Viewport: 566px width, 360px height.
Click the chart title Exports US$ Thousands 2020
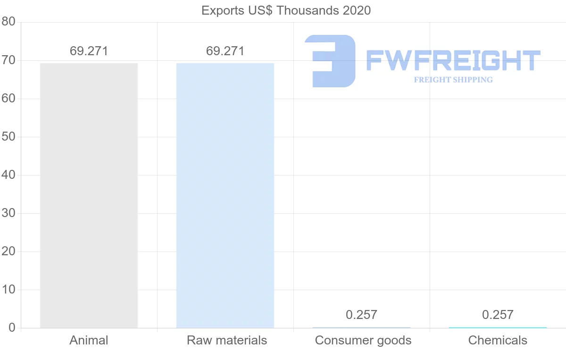pyautogui.click(x=286, y=10)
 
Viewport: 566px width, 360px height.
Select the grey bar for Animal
pyautogui.click(x=89, y=195)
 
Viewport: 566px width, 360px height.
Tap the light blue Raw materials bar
pyautogui.click(x=225, y=195)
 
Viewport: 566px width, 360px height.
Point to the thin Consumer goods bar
pyautogui.click(x=361, y=327)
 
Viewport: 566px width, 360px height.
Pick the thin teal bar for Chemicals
pyautogui.click(x=498, y=327)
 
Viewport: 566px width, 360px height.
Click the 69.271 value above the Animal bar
pyautogui.click(x=89, y=51)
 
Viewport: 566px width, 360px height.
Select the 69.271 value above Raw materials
pyautogui.click(x=225, y=51)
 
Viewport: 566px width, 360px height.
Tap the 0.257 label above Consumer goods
pyautogui.click(x=361, y=315)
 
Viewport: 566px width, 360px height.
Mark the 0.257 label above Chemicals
pyautogui.click(x=498, y=315)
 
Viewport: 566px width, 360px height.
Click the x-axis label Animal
pyautogui.click(x=89, y=340)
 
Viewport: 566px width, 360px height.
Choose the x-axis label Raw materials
pyautogui.click(x=227, y=340)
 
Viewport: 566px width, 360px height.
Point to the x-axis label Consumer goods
pyautogui.click(x=363, y=340)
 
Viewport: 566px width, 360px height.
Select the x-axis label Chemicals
pyautogui.click(x=498, y=340)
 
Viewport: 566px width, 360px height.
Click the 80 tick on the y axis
pyautogui.click(x=8, y=22)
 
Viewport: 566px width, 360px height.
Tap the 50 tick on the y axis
pyautogui.click(x=8, y=137)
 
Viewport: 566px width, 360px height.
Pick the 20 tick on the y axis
pyautogui.click(x=8, y=251)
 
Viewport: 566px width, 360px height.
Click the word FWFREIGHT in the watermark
pyautogui.click(x=453, y=61)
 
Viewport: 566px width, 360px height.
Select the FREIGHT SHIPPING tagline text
pyautogui.click(x=453, y=80)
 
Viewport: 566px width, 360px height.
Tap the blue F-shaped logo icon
pyautogui.click(x=330, y=61)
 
